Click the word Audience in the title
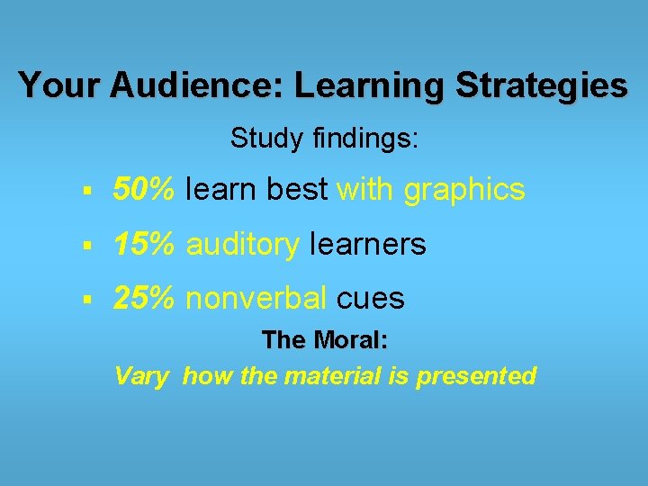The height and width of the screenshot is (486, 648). pyautogui.click(x=195, y=85)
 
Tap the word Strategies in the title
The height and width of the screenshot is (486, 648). pyautogui.click(x=542, y=85)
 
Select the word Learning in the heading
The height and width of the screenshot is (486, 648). pyautogui.click(x=369, y=85)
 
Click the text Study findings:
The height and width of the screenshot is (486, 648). pyautogui.click(x=324, y=139)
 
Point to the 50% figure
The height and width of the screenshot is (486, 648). pyautogui.click(x=144, y=190)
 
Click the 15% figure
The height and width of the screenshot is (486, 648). pyautogui.click(x=144, y=244)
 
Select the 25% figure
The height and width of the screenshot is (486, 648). pyautogui.click(x=144, y=299)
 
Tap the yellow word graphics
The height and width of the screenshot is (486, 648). pyautogui.click(x=464, y=191)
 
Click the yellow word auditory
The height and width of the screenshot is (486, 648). pyautogui.click(x=243, y=245)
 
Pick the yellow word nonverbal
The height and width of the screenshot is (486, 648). pyautogui.click(x=256, y=299)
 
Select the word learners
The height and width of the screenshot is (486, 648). pyautogui.click(x=367, y=245)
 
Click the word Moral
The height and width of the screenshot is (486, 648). pyautogui.click(x=355, y=340)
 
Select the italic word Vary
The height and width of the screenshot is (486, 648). pyautogui.click(x=141, y=376)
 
